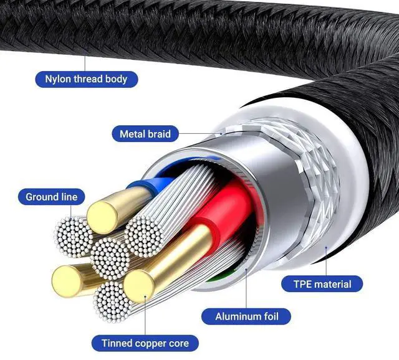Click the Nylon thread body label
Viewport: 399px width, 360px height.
pos(86,79)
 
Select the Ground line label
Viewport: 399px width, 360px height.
pos(52,197)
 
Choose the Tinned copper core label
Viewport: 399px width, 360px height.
pos(145,343)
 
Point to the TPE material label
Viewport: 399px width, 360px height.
pos(323,285)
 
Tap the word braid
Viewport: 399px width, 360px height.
pos(158,133)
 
